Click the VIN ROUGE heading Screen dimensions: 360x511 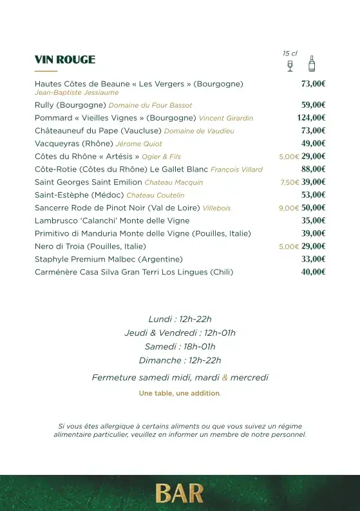point(65,60)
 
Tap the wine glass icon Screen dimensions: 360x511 point(290,66)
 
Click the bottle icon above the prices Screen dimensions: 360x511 point(312,63)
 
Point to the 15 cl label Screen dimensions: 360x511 point(290,53)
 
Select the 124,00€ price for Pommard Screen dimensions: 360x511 point(311,118)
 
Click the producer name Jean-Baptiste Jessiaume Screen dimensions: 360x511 point(77,93)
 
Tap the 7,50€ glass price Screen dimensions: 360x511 point(290,182)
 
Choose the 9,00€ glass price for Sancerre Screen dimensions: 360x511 point(289,208)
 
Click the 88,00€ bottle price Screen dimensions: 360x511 point(313,169)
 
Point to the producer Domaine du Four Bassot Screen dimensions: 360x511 point(150,105)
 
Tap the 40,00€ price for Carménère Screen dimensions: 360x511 point(313,272)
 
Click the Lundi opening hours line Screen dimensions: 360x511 point(180,319)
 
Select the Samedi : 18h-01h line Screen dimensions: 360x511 point(180,347)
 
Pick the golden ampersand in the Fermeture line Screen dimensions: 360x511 point(225,378)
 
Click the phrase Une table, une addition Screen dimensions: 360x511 point(180,393)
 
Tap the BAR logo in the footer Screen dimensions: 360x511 point(180,494)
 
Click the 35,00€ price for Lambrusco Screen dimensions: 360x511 point(313,220)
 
